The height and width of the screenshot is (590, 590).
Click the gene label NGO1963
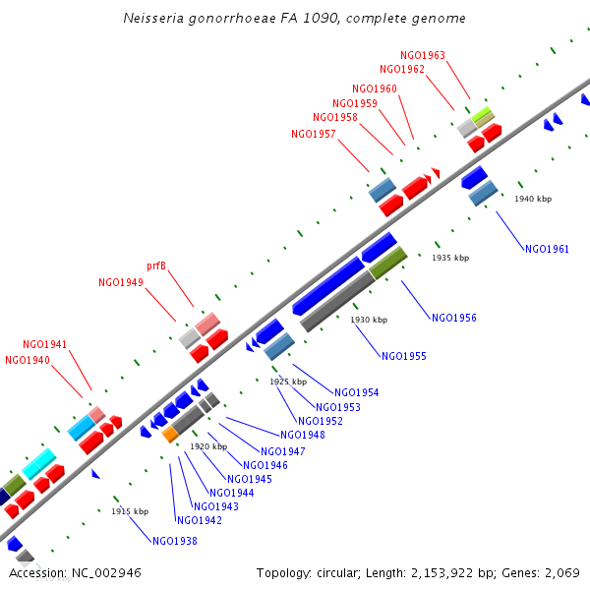pos(423,56)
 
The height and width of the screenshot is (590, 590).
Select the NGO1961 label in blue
pos(547,249)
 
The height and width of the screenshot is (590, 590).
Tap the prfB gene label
pos(156,266)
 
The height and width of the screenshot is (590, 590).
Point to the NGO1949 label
pos(121,282)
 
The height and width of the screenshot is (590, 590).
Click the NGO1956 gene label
pos(453,318)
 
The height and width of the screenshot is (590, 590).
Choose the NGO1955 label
pos(403,356)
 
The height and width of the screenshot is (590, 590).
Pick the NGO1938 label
pos(174,540)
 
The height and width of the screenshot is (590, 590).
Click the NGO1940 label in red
pos(28,360)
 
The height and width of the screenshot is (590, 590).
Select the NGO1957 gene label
pos(314,135)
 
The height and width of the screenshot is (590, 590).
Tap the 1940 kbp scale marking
pos(533,199)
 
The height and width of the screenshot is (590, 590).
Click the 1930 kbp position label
pos(369,320)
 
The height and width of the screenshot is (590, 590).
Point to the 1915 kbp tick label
pos(130,511)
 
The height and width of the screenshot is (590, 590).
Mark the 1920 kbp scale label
pos(208,446)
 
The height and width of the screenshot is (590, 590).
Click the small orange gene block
pos(170,434)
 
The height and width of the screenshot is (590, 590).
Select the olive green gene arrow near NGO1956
pos(388,263)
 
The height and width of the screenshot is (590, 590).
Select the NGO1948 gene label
pos(302,435)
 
